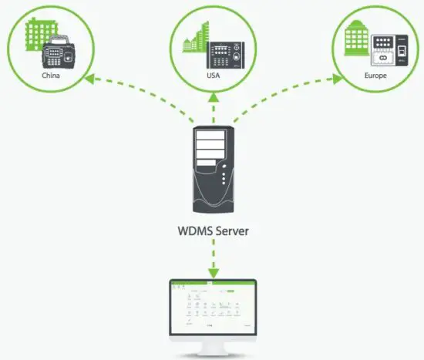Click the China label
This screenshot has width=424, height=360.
click(x=52, y=77)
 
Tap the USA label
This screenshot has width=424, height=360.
click(x=212, y=77)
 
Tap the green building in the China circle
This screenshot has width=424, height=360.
click(x=34, y=38)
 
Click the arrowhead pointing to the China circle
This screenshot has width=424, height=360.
click(x=89, y=77)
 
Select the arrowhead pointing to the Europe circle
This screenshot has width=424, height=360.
click(x=337, y=77)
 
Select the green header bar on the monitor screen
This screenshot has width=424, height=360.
click(x=212, y=284)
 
